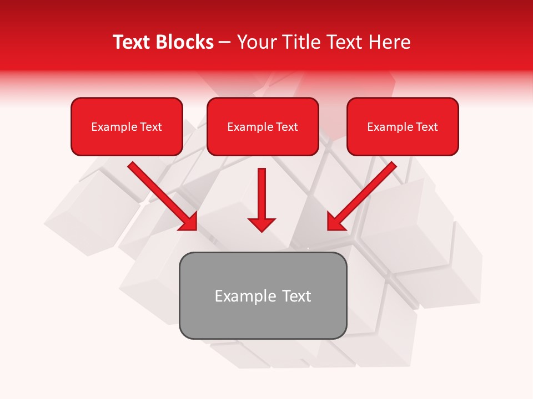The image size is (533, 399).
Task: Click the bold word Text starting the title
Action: [132, 42]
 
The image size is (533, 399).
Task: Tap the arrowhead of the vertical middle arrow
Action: [262, 224]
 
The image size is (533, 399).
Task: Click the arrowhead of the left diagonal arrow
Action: [189, 222]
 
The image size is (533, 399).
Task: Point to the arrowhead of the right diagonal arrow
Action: [335, 222]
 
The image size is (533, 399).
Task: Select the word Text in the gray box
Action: [296, 296]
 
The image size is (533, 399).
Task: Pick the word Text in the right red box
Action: [427, 127]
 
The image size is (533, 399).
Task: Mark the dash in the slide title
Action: [225, 43]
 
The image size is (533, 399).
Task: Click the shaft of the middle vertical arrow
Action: [262, 191]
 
